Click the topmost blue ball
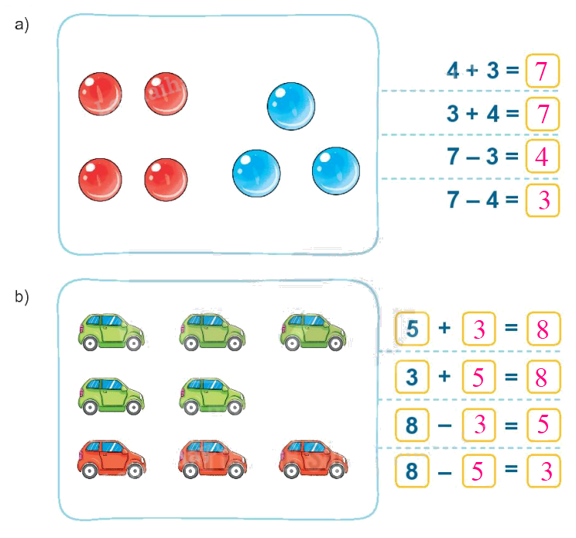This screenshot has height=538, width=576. pos(291,106)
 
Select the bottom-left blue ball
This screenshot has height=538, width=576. pos(256,171)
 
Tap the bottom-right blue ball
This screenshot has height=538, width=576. pos(336,170)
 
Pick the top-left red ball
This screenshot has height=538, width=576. pos(100,94)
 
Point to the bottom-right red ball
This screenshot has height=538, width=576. pos(166,179)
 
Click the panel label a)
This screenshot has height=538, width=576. pos(22,25)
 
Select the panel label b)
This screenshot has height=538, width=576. pos(22,296)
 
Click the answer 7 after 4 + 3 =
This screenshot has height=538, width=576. pos(542,72)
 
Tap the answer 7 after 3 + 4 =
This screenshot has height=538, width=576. pos(542,115)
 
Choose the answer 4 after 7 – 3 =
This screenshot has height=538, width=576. pos(542,157)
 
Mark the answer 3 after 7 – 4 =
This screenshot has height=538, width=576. pos(542,200)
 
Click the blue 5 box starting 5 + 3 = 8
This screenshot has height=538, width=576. pos(413,329)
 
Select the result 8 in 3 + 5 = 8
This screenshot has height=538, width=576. pos(542,378)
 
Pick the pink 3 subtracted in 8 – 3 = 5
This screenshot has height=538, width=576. pos(478,425)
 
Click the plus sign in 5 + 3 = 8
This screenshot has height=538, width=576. pos(444,329)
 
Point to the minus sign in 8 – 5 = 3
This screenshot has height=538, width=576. pos(444,471)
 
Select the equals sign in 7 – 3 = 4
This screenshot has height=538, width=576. pos(510,157)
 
